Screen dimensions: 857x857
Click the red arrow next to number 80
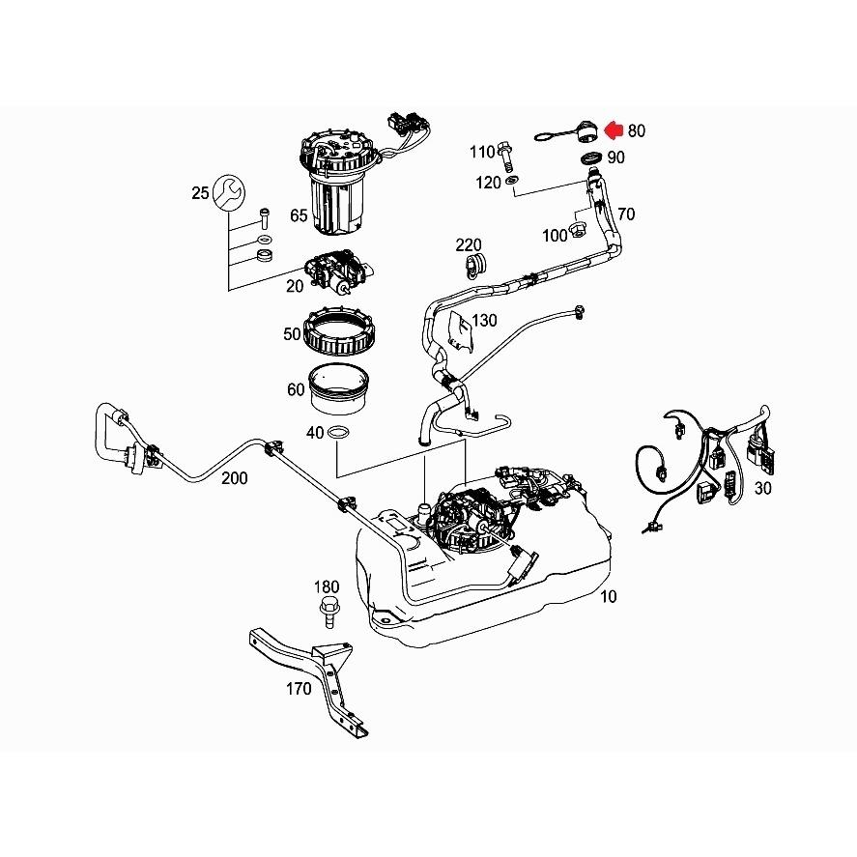614,130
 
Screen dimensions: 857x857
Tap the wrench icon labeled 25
228,193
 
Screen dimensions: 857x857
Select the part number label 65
299,215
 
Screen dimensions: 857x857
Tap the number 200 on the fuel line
235,478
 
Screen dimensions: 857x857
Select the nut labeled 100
578,230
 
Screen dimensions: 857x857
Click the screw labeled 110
505,156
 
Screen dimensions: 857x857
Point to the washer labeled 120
513,180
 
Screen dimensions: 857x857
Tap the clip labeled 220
475,265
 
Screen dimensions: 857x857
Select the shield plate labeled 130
460,331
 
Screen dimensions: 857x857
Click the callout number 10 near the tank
609,596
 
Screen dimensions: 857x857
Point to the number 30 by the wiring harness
762,488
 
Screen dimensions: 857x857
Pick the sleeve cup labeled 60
338,389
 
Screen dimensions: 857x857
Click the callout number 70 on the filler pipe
626,214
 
